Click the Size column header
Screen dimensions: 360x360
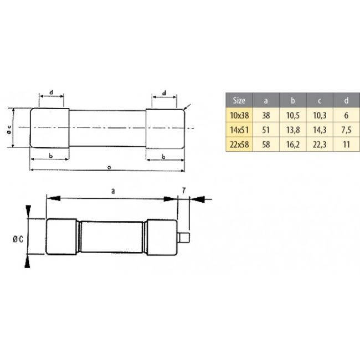coord(239,101)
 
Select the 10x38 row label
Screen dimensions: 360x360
coord(239,116)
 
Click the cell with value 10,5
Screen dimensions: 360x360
coord(292,116)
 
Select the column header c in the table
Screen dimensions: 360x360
coord(319,101)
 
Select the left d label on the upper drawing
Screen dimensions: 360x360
coord(50,92)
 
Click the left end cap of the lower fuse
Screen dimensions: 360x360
coord(61,238)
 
